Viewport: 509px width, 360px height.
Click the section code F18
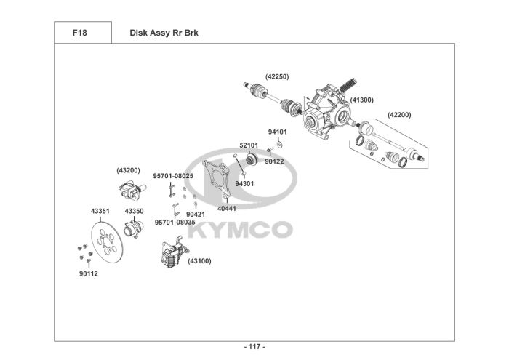(x=81, y=33)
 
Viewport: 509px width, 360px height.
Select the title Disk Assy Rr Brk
(x=164, y=33)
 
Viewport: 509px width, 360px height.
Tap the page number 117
(x=254, y=346)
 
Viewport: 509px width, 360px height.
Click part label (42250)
(x=277, y=76)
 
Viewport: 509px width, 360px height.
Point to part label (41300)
(x=361, y=100)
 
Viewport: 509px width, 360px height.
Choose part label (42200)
(x=399, y=114)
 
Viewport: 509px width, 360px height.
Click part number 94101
(x=277, y=132)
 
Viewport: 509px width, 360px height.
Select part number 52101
(x=249, y=145)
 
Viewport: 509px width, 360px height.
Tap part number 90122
(x=274, y=161)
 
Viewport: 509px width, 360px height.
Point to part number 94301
(x=244, y=184)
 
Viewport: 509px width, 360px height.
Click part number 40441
(x=226, y=208)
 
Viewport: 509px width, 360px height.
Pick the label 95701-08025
(x=172, y=175)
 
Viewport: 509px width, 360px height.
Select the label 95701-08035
(x=174, y=222)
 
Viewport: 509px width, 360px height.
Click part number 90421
(x=195, y=214)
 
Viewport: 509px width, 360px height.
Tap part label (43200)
(x=128, y=170)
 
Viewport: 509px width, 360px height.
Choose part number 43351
(x=100, y=211)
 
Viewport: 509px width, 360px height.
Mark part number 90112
(x=88, y=273)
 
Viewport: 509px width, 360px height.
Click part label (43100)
(x=199, y=260)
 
